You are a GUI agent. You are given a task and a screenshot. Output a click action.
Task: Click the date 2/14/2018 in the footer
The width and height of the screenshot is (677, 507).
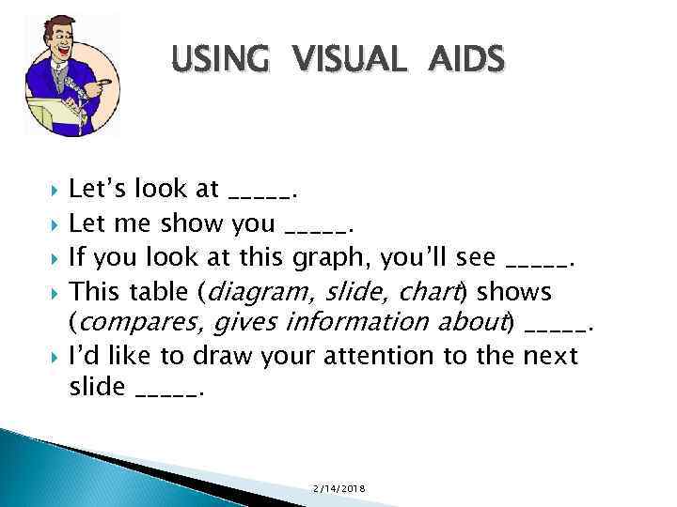click(x=342, y=490)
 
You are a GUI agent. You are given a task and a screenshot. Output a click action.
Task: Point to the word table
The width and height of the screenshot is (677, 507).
click(x=160, y=290)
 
